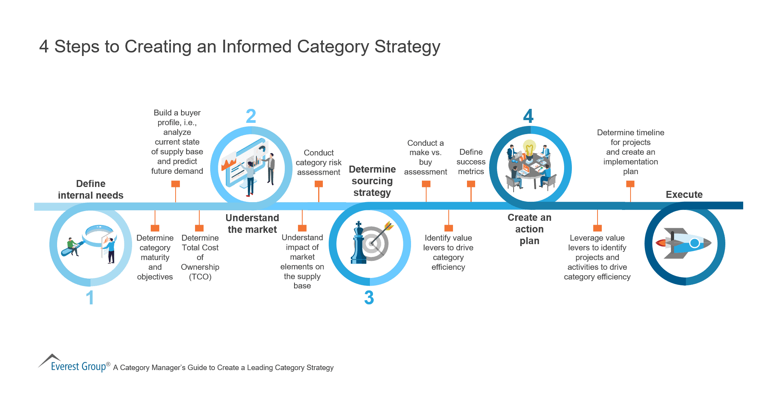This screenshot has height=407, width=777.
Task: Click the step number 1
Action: (x=90, y=298)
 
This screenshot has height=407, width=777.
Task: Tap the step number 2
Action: (x=251, y=116)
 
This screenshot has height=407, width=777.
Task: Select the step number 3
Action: (x=369, y=298)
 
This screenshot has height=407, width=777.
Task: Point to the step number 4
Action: (x=528, y=116)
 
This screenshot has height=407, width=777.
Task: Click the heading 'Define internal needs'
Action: (x=91, y=189)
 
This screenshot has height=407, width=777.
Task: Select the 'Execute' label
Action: (x=684, y=194)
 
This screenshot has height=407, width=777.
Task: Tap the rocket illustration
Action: (x=684, y=243)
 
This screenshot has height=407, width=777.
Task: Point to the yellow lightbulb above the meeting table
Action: (x=529, y=148)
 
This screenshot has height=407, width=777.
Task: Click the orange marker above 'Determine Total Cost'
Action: (x=199, y=228)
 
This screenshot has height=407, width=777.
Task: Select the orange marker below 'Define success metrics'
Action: (x=471, y=184)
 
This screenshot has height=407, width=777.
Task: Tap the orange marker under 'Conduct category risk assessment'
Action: (x=319, y=184)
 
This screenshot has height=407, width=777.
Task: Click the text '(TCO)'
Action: (x=200, y=277)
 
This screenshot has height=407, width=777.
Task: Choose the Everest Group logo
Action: (x=74, y=364)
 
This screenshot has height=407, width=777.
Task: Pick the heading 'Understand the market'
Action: (x=252, y=224)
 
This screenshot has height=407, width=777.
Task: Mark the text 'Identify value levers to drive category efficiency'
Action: (x=448, y=252)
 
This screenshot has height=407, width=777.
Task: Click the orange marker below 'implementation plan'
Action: (x=630, y=184)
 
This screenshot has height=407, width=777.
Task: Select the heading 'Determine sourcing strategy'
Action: (x=372, y=181)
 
